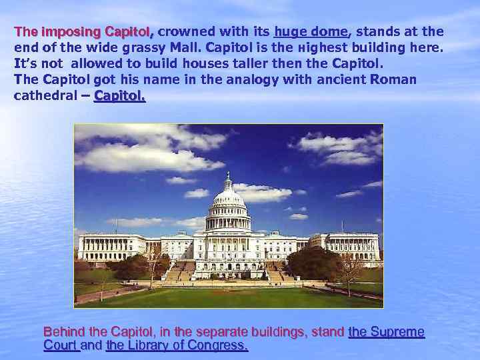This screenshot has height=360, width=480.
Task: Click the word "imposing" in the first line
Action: [x=70, y=32]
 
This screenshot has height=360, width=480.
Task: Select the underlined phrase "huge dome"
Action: [x=311, y=32]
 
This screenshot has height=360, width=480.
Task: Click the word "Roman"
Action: [x=396, y=80]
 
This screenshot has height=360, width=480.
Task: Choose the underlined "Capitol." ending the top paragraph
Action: [x=120, y=96]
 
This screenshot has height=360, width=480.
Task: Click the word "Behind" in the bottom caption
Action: [x=63, y=332]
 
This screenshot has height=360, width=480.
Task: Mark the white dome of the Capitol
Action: [x=229, y=200]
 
